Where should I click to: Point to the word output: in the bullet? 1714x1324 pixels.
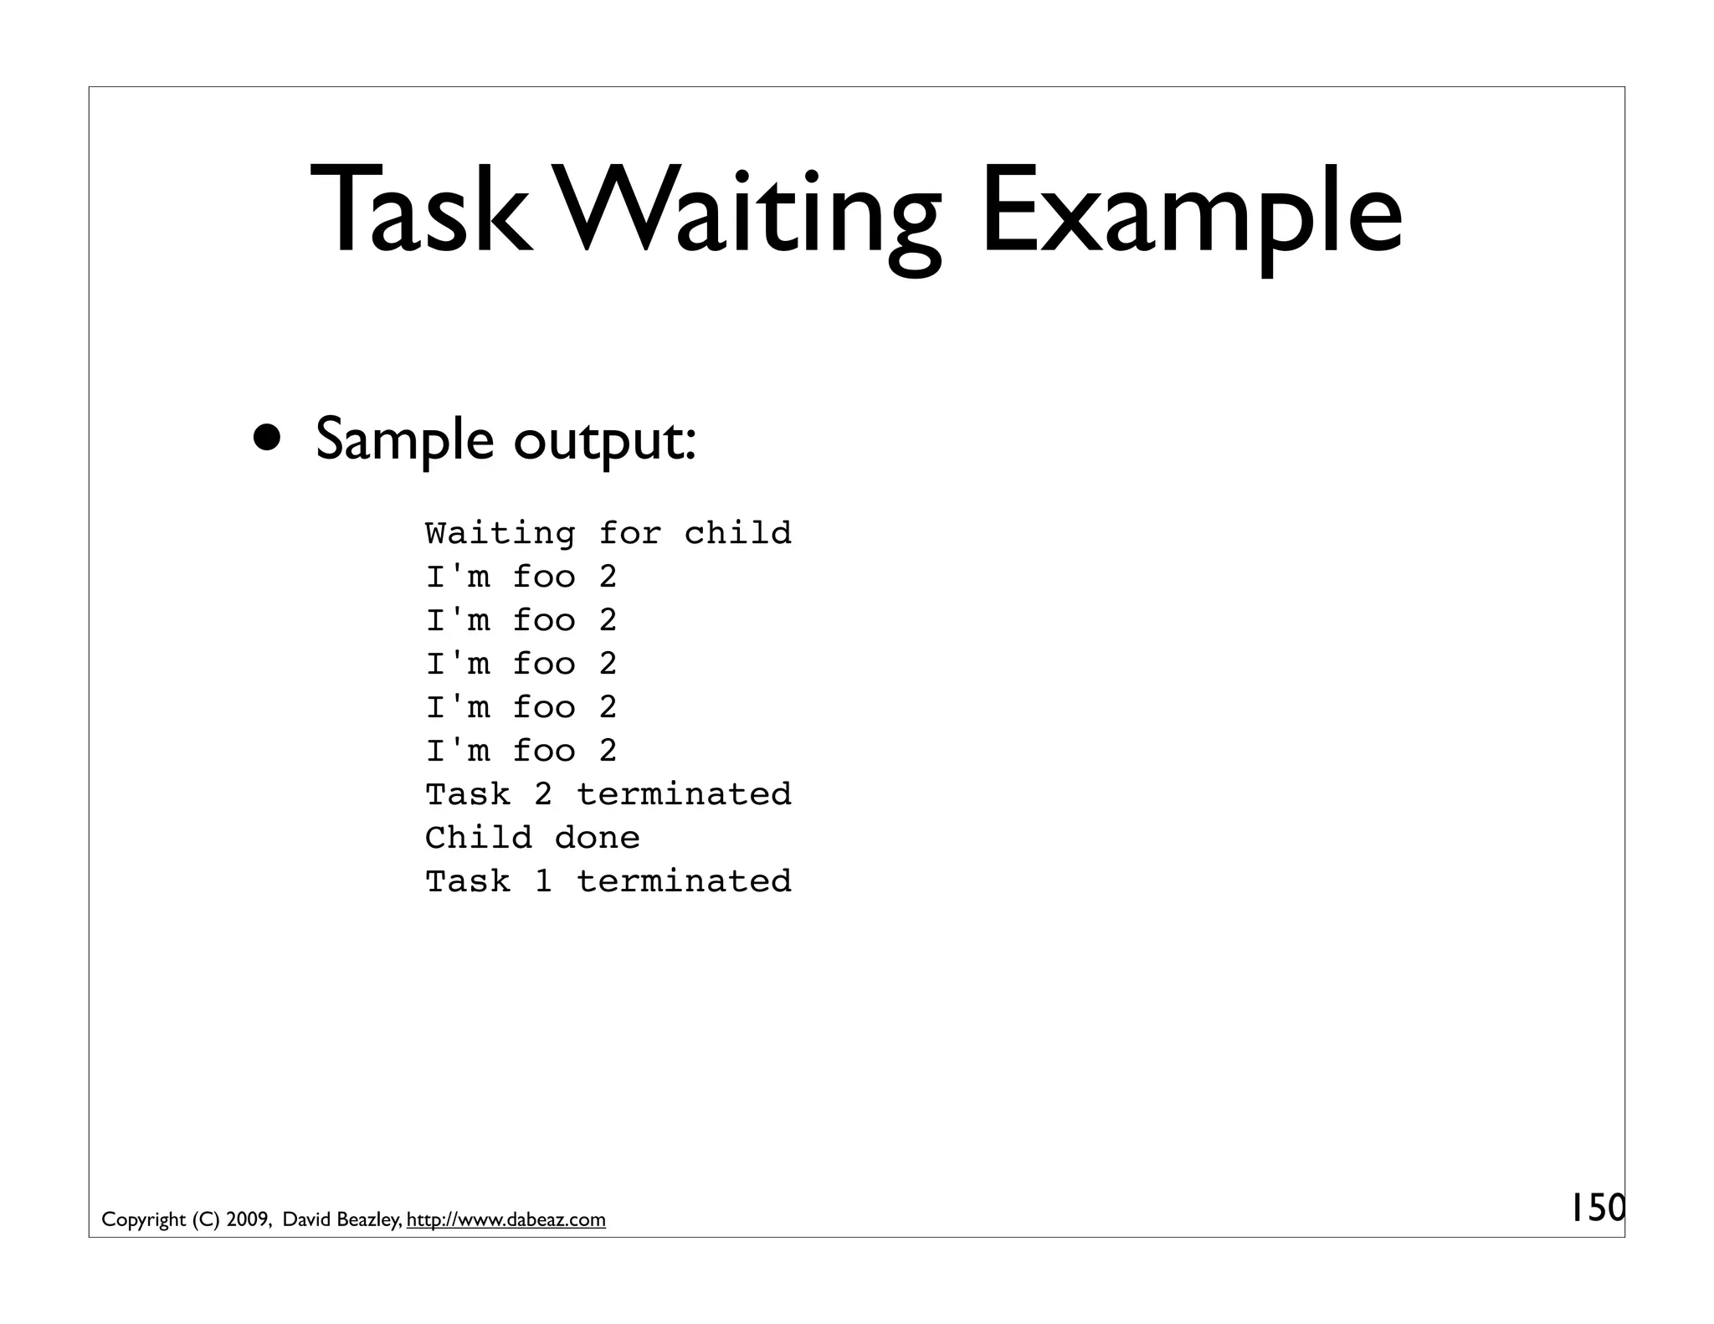(604, 441)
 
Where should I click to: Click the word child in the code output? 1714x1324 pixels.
(737, 533)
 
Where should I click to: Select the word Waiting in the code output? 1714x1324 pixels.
(500, 533)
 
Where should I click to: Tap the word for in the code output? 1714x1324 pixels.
(629, 533)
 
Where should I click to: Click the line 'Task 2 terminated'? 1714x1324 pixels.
(608, 794)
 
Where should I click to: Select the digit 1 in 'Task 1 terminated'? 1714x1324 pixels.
(543, 881)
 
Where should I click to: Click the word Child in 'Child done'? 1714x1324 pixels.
(478, 838)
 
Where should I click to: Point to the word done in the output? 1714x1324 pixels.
(597, 838)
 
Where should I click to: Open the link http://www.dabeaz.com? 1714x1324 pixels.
(505, 1220)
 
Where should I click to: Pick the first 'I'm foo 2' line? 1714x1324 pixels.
(521, 577)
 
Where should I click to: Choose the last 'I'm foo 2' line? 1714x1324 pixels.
(521, 751)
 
